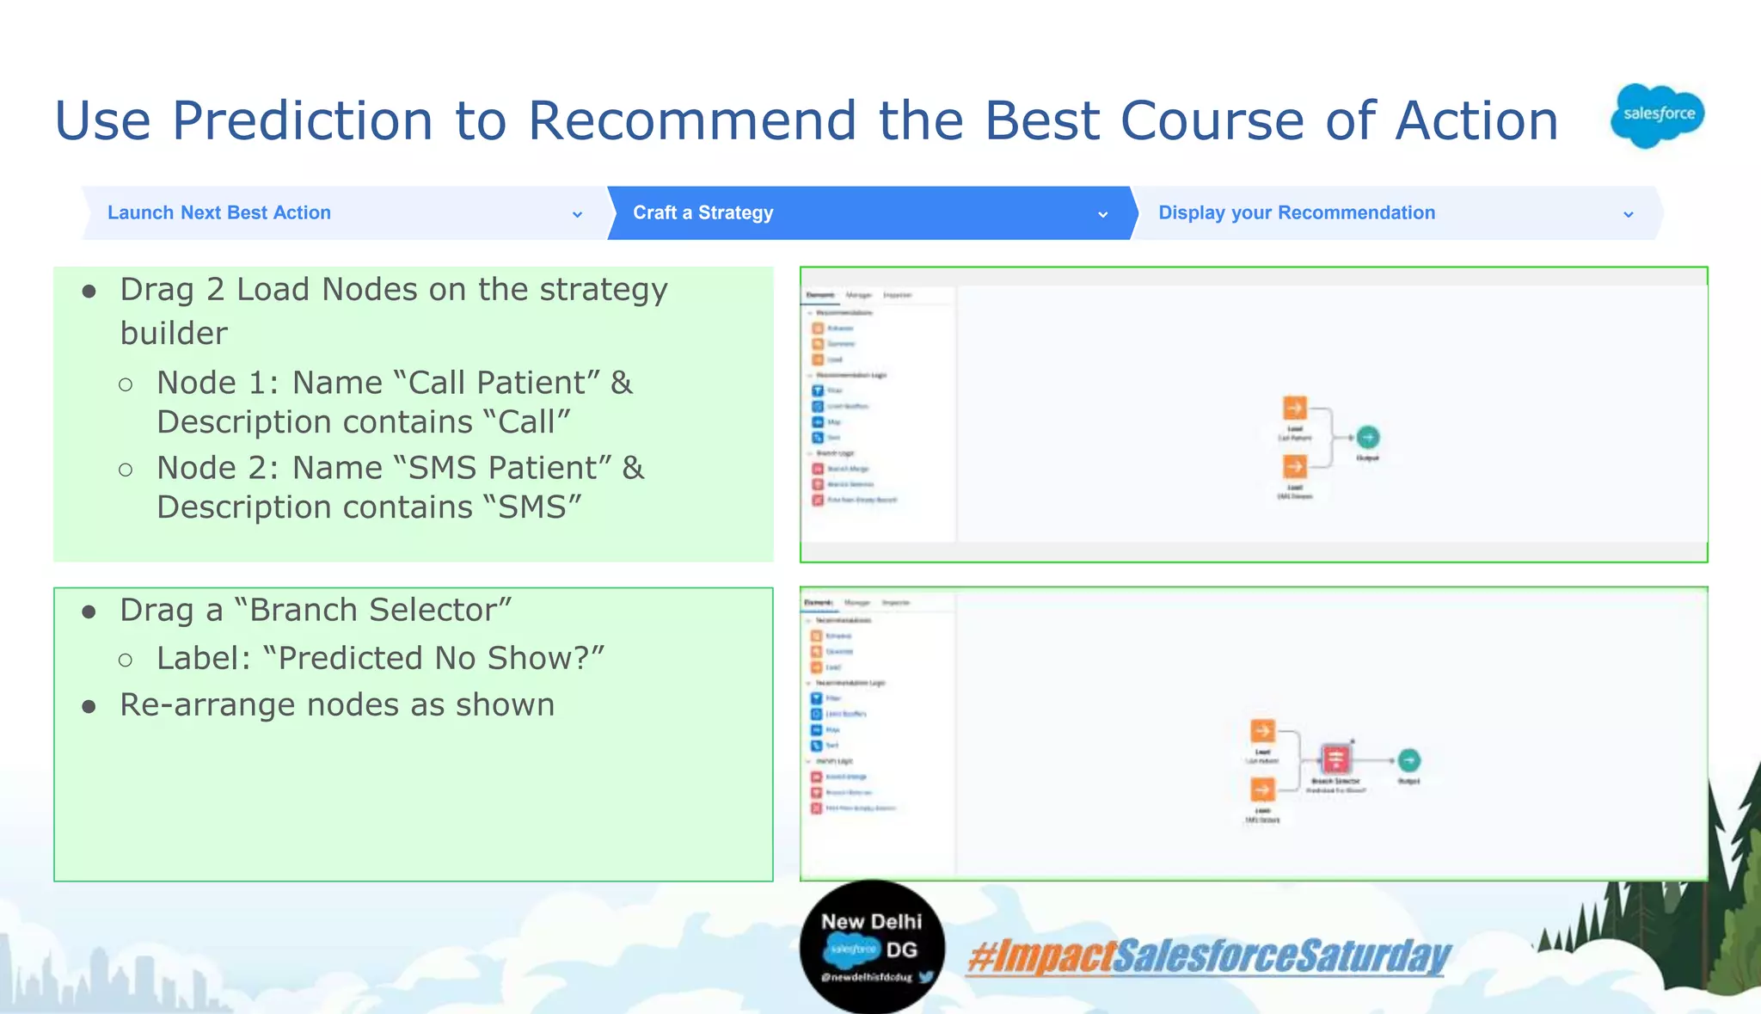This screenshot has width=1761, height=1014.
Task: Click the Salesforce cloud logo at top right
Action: point(1657,114)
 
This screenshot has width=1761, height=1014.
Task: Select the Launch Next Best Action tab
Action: point(219,212)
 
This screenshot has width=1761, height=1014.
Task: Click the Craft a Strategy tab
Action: point(703,212)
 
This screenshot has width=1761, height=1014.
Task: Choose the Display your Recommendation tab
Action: point(1296,212)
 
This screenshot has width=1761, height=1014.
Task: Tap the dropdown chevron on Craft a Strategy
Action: point(1102,214)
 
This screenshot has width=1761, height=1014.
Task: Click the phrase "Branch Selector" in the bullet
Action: point(372,610)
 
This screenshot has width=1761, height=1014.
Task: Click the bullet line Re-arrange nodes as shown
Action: point(337,705)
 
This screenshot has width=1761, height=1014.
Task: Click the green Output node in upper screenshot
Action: point(1368,438)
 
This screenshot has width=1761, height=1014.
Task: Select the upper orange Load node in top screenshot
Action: point(1295,408)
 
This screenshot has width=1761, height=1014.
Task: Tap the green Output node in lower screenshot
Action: point(1408,760)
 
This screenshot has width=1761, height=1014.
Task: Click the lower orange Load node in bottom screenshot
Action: point(1262,790)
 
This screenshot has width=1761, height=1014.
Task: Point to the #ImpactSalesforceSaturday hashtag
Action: point(1208,956)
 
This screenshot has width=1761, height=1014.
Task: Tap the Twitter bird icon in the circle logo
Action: point(926,977)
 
